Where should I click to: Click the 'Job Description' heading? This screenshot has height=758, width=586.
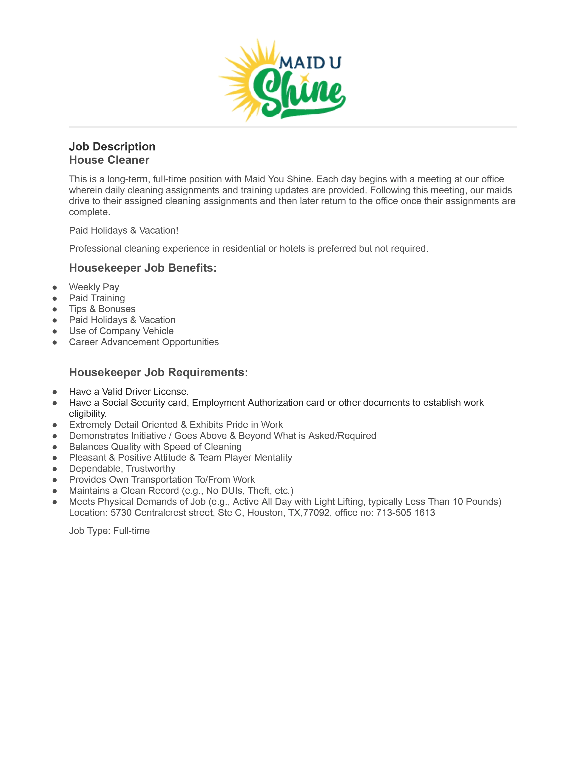112,147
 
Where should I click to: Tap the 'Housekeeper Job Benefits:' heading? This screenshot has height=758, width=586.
143,268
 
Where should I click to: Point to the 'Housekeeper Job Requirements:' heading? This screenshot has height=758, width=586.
158,372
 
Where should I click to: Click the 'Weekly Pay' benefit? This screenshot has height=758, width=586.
94,287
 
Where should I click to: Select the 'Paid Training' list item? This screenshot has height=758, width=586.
97,298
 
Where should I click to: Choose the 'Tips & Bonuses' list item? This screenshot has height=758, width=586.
102,309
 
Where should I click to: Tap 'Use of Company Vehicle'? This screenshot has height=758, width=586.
121,331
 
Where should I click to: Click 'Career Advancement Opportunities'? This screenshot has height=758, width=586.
144,342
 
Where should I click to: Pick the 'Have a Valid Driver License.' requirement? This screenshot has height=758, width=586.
129,392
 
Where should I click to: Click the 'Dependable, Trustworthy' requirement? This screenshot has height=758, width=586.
122,469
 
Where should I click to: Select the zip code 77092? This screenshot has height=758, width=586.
316,513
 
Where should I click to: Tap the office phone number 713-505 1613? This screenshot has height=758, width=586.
405,513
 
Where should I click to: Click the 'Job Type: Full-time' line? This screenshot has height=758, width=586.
109,531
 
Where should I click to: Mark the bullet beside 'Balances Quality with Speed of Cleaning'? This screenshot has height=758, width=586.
54,447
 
